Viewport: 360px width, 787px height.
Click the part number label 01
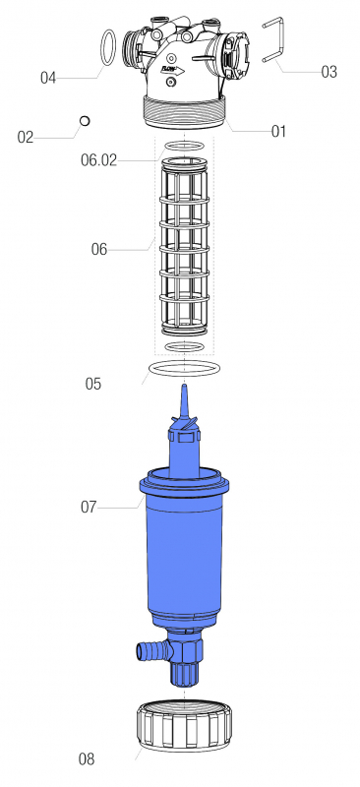point(278,132)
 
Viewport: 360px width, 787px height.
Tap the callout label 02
point(26,137)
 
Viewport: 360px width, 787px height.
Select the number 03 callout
point(329,72)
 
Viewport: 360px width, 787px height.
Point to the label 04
point(48,78)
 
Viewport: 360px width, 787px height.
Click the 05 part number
point(92,384)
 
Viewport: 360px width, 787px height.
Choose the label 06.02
point(99,160)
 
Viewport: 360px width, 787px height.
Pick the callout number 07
point(89,507)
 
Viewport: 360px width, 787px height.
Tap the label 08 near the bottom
point(87,759)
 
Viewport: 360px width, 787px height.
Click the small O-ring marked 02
point(85,121)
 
